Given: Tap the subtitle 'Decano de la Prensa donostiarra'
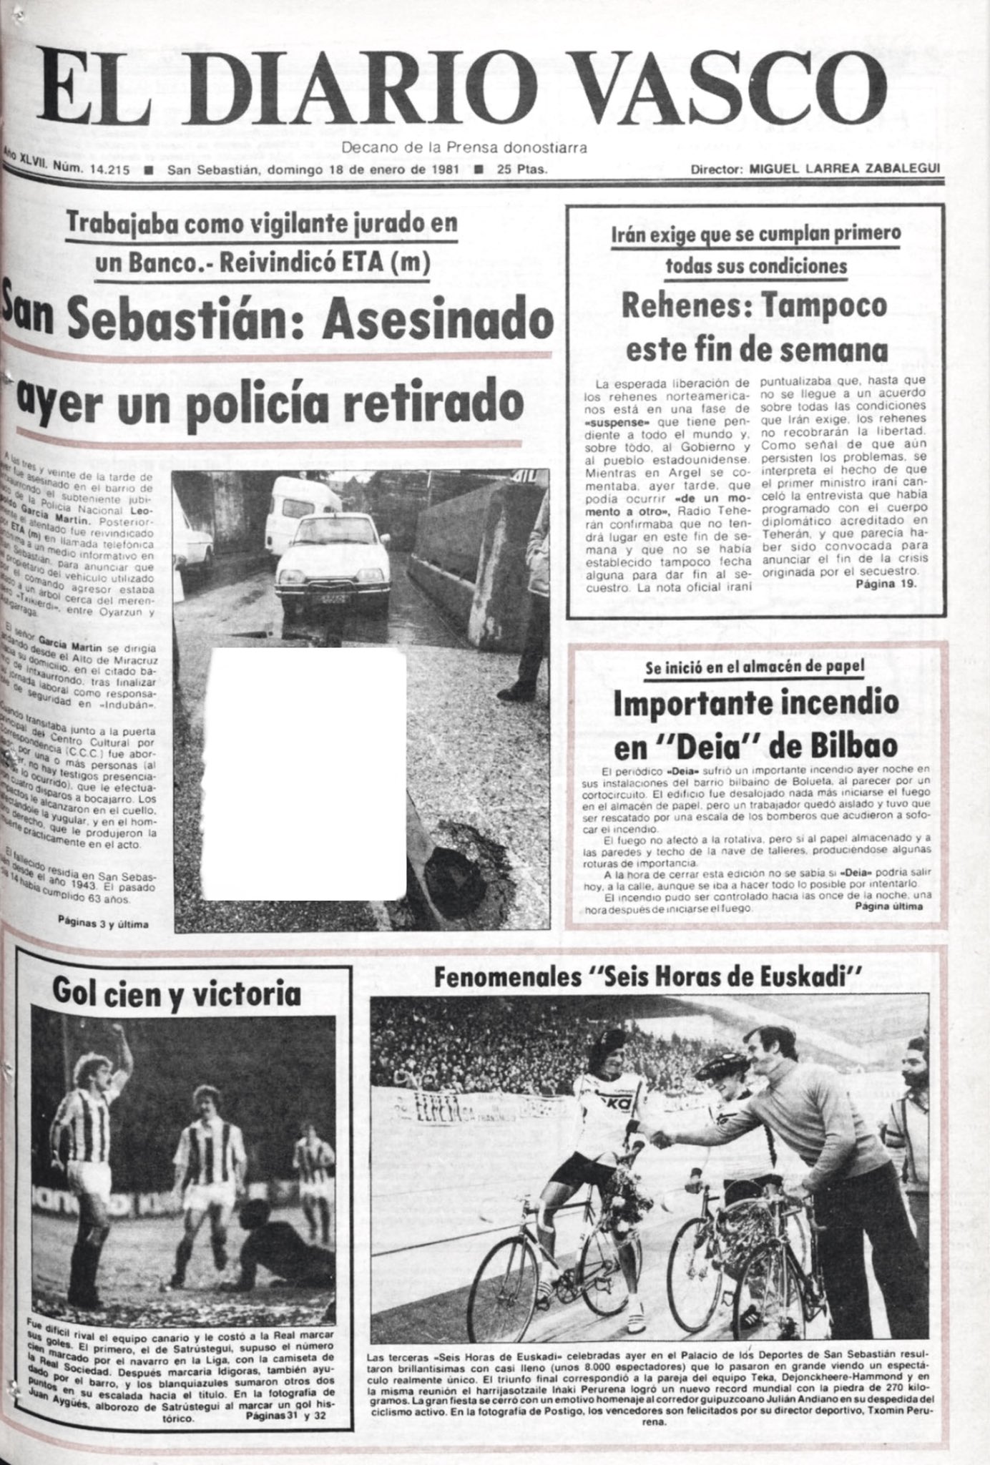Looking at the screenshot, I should point(464,148).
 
